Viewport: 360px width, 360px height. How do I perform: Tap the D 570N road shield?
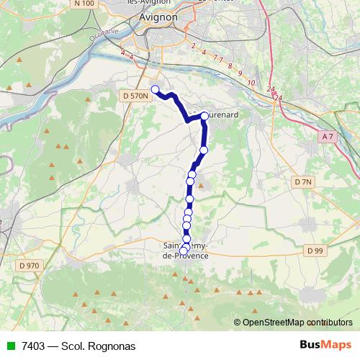pos(135,96)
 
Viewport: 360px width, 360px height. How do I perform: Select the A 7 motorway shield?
pos(328,136)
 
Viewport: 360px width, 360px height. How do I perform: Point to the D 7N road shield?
pos(303,182)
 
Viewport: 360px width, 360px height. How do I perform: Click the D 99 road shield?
pos(313,251)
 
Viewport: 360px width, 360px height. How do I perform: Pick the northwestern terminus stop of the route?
pos(154,89)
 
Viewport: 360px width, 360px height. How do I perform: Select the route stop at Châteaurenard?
pos(204,115)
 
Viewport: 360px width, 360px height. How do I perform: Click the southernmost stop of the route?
pos(184,251)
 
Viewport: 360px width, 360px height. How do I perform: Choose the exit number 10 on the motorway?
pos(251,83)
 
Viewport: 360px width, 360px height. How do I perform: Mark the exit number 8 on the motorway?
pos(230,66)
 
